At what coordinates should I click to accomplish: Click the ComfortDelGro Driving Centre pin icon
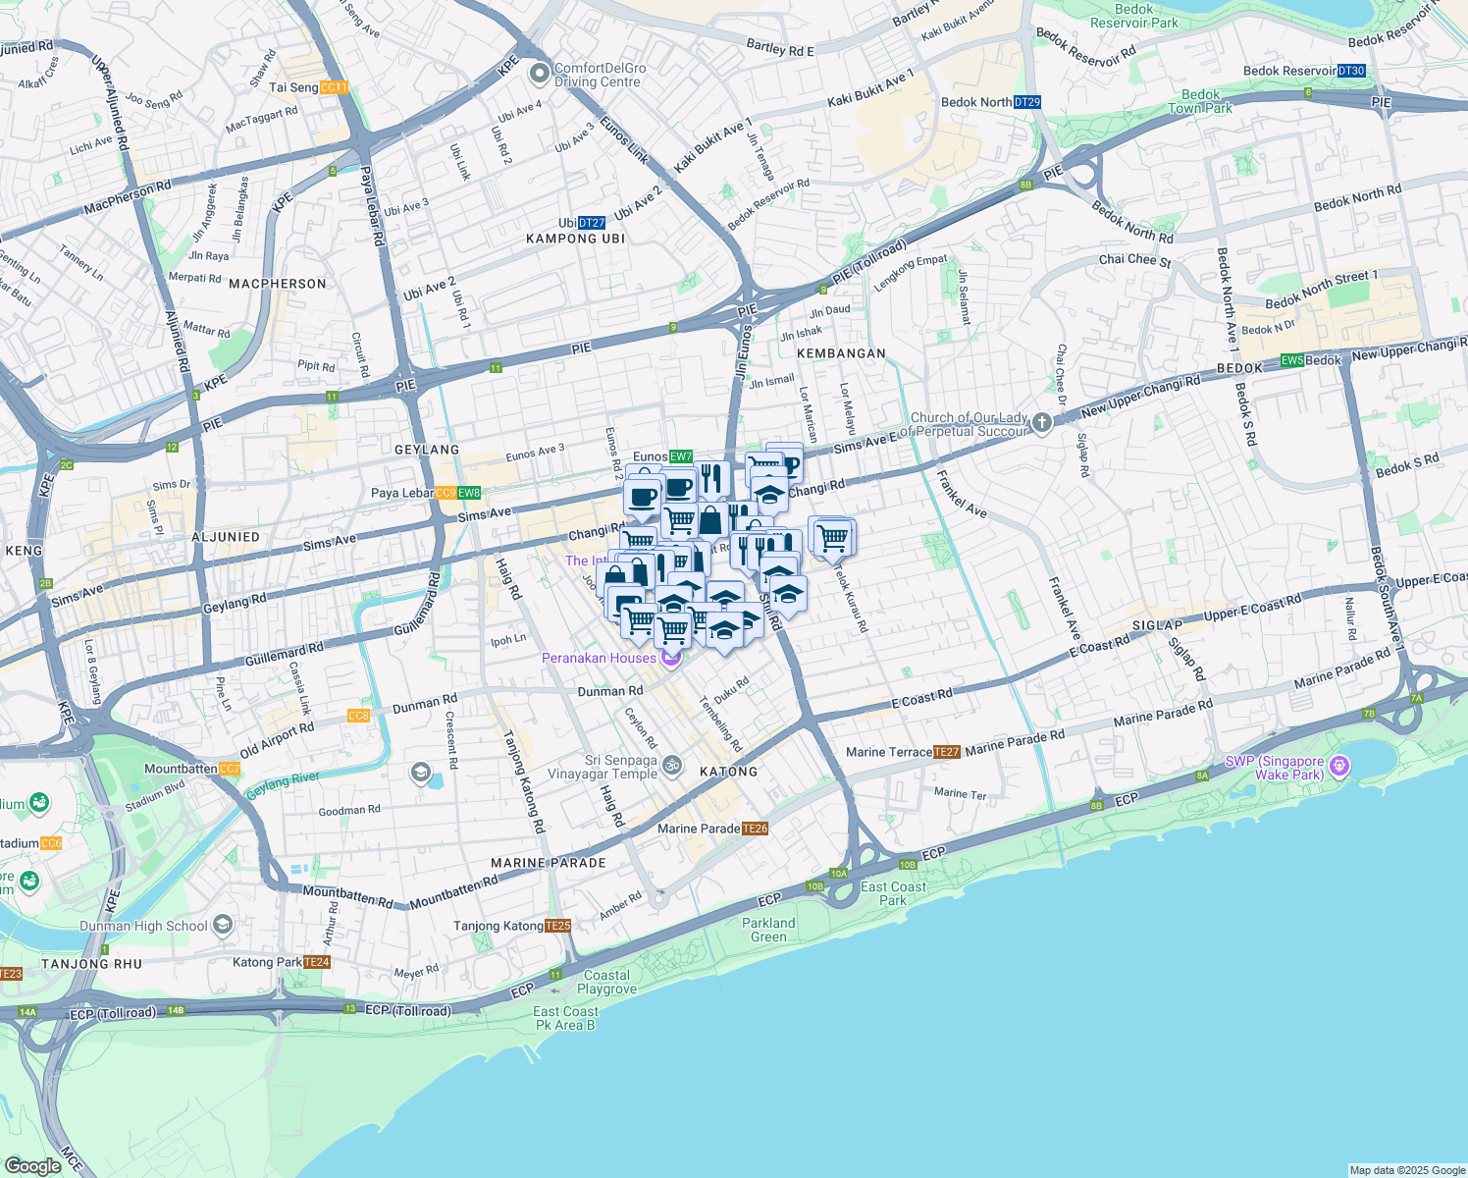click(x=539, y=74)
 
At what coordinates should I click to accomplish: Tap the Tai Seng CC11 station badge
click(x=334, y=87)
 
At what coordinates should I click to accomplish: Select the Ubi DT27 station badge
click(x=591, y=223)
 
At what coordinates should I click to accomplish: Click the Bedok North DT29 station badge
click(x=1026, y=102)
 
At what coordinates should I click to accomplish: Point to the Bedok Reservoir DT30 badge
click(x=1351, y=71)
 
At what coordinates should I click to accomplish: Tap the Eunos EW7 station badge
click(x=681, y=456)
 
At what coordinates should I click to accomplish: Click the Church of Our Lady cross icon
click(x=1042, y=423)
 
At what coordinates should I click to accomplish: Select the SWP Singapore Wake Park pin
click(x=1340, y=766)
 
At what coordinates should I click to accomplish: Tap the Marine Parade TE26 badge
click(x=755, y=829)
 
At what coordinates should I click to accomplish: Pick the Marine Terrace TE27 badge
click(x=947, y=752)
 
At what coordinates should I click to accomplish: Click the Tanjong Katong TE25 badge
click(x=557, y=926)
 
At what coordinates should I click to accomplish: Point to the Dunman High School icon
click(x=223, y=925)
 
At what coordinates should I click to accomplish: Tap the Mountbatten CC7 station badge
click(x=230, y=769)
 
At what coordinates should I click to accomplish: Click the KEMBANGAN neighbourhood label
click(x=841, y=353)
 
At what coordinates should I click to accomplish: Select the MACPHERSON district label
click(x=278, y=284)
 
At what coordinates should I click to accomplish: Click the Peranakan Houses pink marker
click(x=671, y=658)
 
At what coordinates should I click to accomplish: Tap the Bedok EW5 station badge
click(x=1292, y=360)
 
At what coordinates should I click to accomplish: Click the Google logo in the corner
click(x=32, y=1166)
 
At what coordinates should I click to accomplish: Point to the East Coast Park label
click(x=893, y=893)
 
